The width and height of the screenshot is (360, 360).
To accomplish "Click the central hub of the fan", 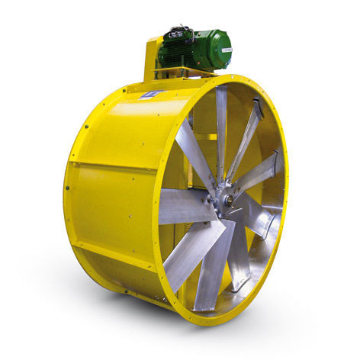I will pyautogui.click(x=223, y=201).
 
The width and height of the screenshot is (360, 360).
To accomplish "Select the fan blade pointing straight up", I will pyautogui.click(x=221, y=130).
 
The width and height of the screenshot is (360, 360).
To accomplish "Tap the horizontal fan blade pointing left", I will pyautogui.click(x=183, y=207).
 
